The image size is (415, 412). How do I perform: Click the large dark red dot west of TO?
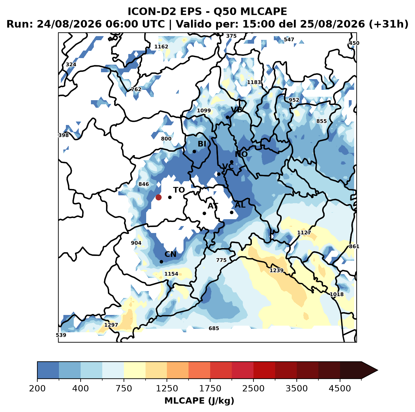158,197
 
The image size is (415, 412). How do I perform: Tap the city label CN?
170,254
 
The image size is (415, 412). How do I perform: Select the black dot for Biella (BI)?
194,152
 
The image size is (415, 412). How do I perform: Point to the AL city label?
240,205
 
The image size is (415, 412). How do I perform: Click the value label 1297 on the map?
111,325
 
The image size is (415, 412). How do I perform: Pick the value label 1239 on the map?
277,270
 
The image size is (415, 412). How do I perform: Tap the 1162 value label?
161,46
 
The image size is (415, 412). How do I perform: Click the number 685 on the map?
214,328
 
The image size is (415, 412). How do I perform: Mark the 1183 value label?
254,82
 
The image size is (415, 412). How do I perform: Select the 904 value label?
136,243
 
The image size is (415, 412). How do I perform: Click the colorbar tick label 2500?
253,388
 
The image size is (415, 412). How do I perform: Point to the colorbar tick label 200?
37,388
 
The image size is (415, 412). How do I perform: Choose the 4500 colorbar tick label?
340,388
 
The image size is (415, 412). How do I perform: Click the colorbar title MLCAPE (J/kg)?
199,401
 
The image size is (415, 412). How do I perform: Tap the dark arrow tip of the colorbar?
378,370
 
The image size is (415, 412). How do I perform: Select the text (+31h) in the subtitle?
389,24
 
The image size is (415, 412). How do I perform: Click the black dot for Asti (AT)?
204,214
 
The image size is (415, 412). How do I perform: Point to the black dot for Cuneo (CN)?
161,262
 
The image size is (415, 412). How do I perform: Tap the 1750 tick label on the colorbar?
210,388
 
